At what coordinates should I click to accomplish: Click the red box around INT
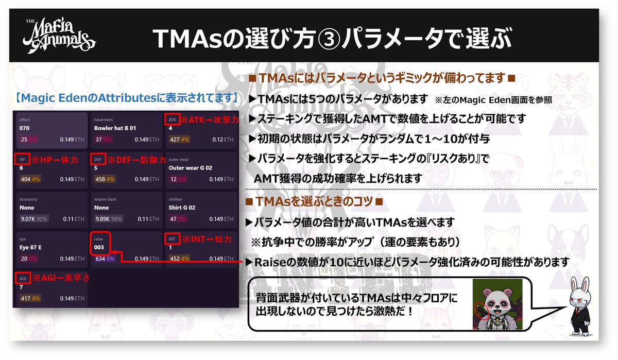[x=173, y=239]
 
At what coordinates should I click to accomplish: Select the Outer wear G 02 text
[x=191, y=168]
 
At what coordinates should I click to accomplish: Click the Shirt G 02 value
[x=183, y=208]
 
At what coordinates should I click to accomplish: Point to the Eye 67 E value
[x=30, y=248]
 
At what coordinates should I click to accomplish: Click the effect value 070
[x=25, y=128]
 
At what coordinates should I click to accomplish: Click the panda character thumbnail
[x=497, y=304]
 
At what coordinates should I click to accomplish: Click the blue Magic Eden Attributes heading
[x=126, y=96]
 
